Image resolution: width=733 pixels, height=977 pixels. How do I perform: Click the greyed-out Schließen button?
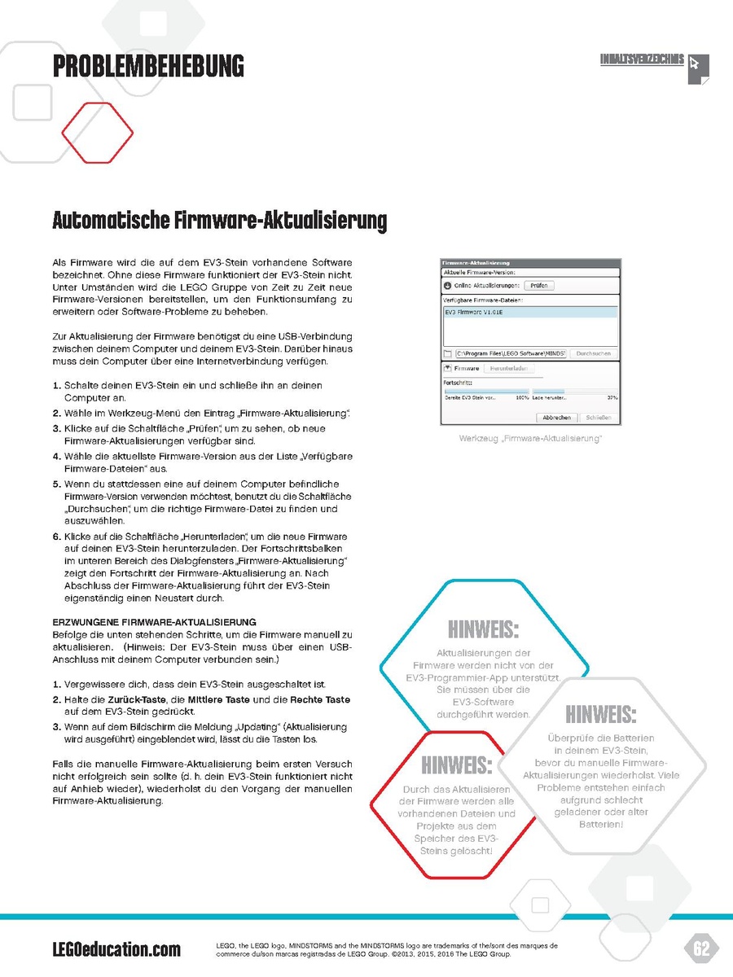tap(599, 417)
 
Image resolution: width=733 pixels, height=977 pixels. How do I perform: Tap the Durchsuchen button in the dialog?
tap(593, 354)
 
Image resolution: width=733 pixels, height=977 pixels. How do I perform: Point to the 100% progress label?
tap(523, 397)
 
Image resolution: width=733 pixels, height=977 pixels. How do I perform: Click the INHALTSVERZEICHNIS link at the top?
tap(641, 60)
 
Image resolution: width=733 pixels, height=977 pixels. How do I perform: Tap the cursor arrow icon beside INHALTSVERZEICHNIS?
tap(696, 65)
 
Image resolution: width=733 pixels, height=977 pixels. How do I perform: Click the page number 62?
tap(701, 949)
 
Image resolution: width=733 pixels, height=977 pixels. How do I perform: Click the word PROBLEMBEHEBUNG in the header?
tap(148, 65)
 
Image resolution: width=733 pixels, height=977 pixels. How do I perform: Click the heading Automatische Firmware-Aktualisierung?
tap(219, 221)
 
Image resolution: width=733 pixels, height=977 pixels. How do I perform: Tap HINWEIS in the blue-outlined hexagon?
tap(483, 629)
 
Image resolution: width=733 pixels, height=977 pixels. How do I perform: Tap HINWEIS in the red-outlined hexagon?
tap(457, 765)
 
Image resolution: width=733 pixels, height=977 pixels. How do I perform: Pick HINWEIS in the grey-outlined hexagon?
tap(600, 714)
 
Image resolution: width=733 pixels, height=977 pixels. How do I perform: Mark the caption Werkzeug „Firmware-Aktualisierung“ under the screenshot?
tap(530, 439)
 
